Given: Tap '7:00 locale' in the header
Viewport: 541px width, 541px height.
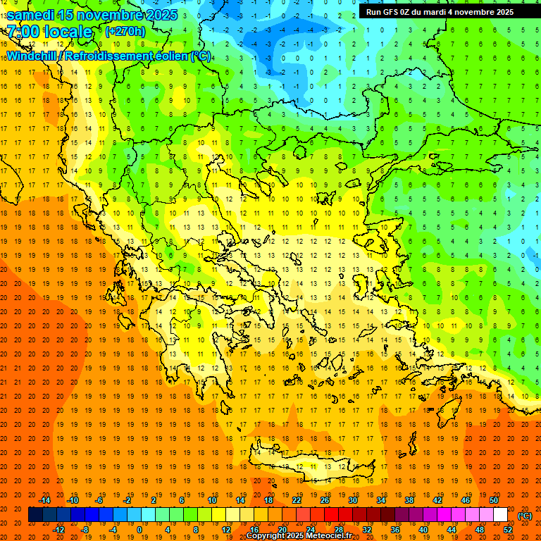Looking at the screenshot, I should tap(49, 32).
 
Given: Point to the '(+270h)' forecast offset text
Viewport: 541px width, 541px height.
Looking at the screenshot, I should tap(125, 31).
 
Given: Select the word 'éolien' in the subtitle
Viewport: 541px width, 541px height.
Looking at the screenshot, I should tap(168, 56).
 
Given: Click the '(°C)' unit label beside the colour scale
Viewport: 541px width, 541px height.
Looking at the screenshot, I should tap(526, 516).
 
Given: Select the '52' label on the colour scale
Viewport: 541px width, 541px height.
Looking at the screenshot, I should tap(509, 530).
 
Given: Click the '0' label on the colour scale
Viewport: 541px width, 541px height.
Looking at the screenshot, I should tap(139, 530).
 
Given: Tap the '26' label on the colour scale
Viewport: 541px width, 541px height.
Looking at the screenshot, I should tap(325, 500).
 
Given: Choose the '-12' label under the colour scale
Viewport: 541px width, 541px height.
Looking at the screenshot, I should tap(59, 530).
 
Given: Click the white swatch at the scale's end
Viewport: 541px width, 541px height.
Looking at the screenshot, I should tap(500, 515).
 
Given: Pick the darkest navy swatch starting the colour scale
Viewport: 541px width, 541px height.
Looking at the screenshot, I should tap(35, 515).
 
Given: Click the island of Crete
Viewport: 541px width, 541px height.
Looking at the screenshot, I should tap(310, 465).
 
